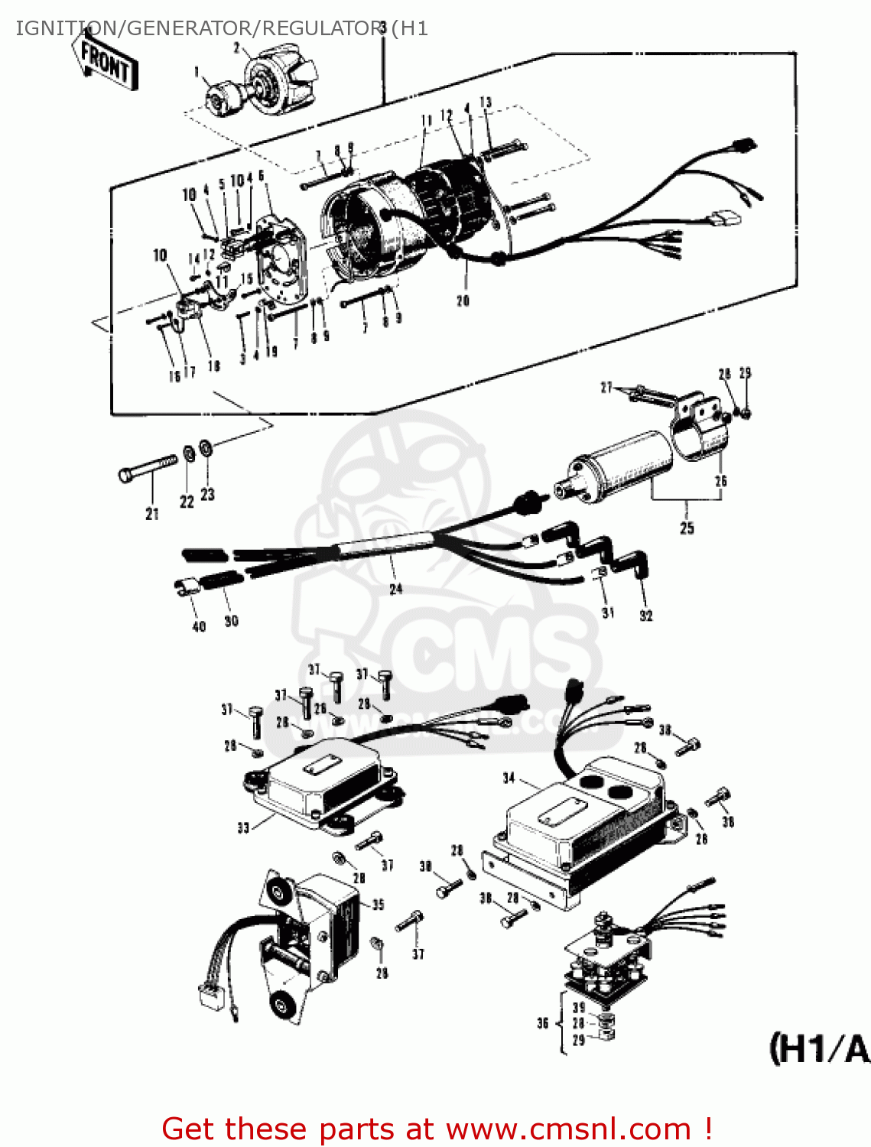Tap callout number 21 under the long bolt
coord(152,514)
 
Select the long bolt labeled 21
coord(148,469)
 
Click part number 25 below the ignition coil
coord(687,528)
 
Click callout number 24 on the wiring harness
coord(395,589)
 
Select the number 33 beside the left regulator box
coord(243,827)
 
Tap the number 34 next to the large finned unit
coord(509,778)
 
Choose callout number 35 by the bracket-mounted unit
coord(378,905)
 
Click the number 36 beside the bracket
coord(543,1023)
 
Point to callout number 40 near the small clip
coord(199,626)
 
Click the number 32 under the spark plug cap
coord(646,615)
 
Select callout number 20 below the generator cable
coord(463,301)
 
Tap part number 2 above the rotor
coord(237,48)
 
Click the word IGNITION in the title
coord(54,28)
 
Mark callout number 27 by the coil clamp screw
coord(606,388)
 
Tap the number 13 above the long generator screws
coord(486,102)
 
